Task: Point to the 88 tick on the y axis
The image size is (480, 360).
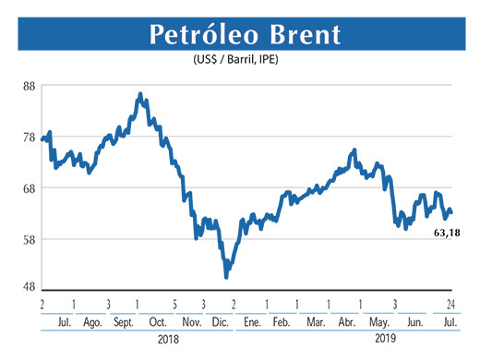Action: tap(28, 86)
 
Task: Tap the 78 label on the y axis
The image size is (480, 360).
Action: tap(28, 138)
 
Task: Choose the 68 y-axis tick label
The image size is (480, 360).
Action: tap(28, 188)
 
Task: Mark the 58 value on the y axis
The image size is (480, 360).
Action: tap(28, 240)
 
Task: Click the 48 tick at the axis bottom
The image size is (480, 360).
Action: tap(28, 286)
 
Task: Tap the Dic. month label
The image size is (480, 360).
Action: tap(219, 322)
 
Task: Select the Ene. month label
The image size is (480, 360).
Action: tap(250, 322)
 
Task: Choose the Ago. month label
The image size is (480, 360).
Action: tap(92, 322)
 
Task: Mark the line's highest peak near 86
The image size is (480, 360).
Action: tap(139, 93)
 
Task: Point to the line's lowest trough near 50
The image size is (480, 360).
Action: tap(226, 277)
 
